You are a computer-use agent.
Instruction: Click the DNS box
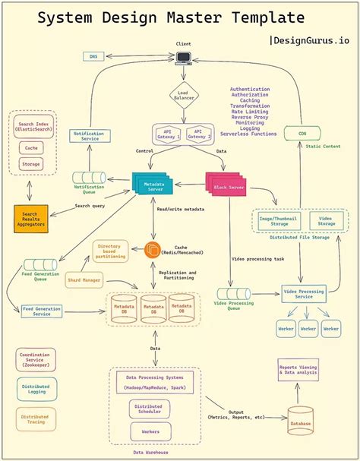pos(93,56)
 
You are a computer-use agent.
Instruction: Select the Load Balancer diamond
pos(184,96)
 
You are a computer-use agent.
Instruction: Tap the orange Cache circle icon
pos(152,248)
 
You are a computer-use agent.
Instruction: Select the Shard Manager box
pos(84,280)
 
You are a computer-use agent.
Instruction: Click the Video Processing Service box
pos(303,292)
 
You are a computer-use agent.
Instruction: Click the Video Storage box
pos(325,220)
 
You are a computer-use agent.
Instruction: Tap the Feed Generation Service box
pos(43,311)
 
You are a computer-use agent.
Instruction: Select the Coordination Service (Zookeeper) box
pos(36,359)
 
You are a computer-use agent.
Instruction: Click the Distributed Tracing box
pos(36,418)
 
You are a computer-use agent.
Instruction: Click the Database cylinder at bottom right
pos(299,419)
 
